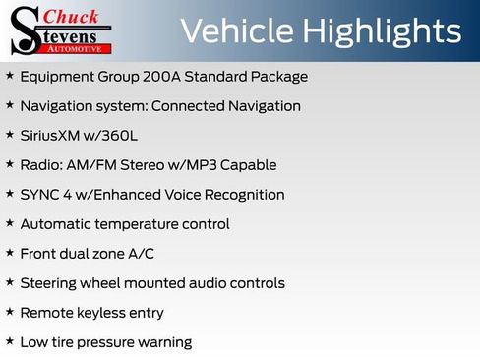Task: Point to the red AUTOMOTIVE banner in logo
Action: pyautogui.click(x=82, y=47)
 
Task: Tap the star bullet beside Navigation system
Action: pyautogui.click(x=10, y=105)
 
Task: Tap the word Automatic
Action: pyautogui.click(x=56, y=224)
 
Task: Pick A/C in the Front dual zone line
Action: pyautogui.click(x=141, y=254)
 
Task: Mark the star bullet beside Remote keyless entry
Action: pyautogui.click(x=10, y=312)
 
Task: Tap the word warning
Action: pyautogui.click(x=163, y=342)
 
